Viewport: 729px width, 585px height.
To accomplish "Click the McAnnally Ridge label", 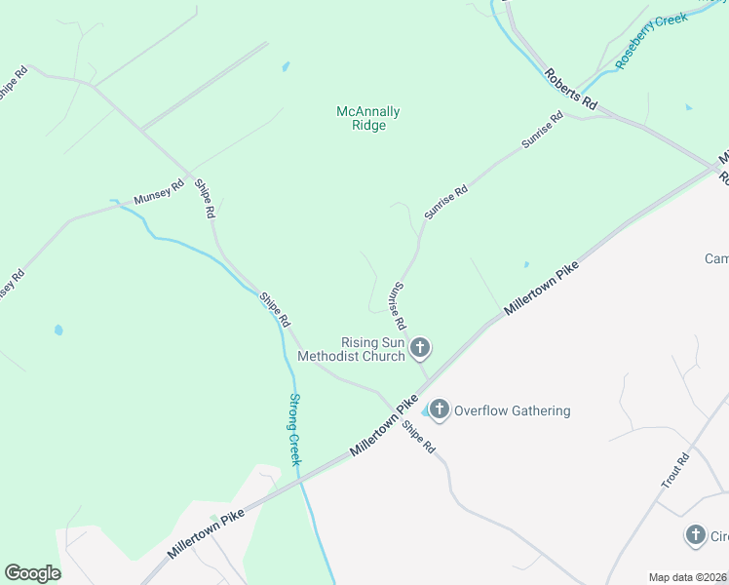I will click(367, 119).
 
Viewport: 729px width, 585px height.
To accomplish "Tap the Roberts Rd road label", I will click(571, 89).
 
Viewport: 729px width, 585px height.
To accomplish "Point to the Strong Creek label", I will click(295, 429).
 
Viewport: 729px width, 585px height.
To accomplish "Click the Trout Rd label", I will click(675, 470).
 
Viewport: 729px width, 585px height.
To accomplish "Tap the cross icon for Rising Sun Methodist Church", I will click(420, 348).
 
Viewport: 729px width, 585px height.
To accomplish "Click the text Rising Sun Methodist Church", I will click(372, 349).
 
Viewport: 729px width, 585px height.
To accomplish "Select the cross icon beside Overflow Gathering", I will click(440, 410).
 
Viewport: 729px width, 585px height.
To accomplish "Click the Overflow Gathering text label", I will click(512, 410).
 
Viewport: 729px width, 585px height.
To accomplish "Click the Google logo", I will click(32, 573).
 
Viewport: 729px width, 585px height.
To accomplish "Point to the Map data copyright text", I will click(687, 577).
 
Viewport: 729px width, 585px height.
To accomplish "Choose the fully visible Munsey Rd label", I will click(159, 191).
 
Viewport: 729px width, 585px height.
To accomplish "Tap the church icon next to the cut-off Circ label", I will click(695, 535).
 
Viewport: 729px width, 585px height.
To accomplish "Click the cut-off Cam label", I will click(716, 258).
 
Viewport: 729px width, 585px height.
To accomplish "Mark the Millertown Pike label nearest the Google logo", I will click(206, 531).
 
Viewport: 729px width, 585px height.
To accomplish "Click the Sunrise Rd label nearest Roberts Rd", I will click(543, 131).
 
